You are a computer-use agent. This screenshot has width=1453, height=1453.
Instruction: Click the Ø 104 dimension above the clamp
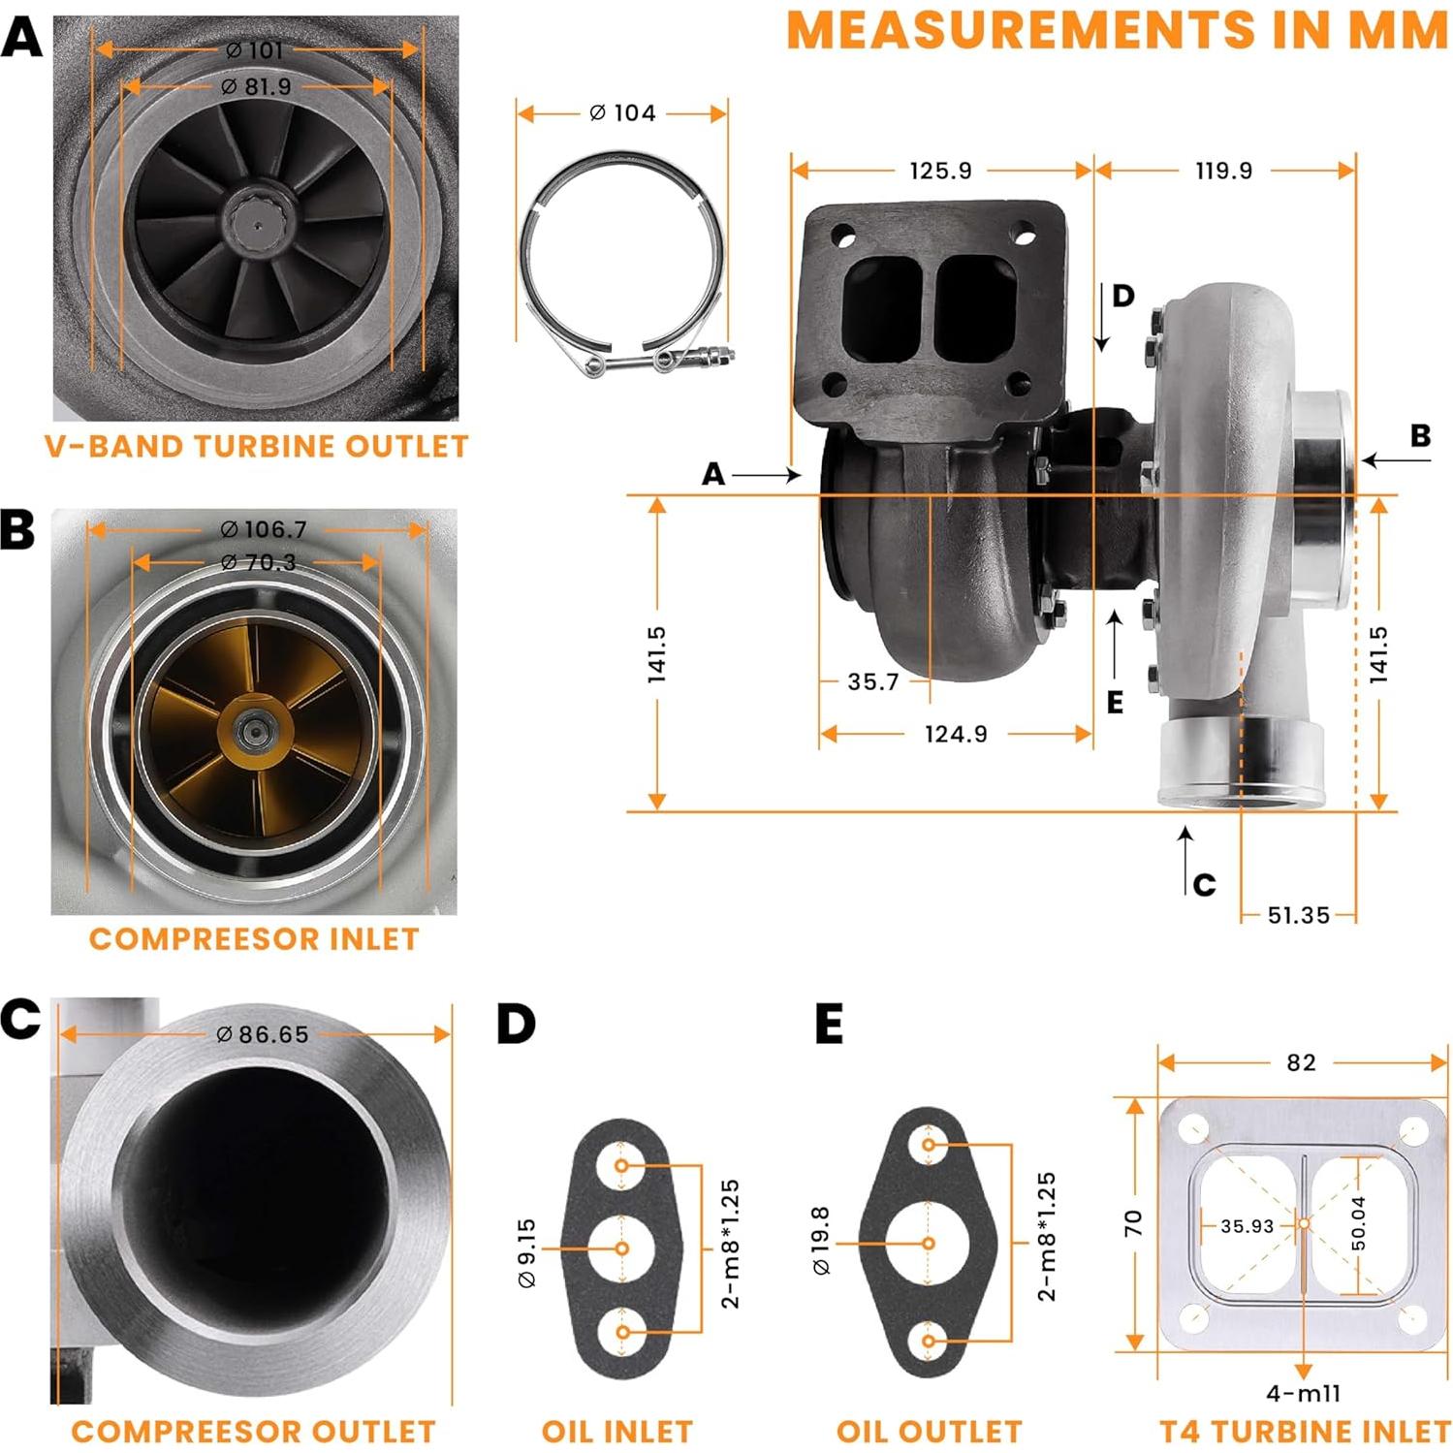click(622, 113)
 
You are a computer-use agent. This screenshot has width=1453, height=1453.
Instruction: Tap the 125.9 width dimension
click(939, 171)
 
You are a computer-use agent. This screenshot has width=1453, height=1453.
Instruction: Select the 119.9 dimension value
click(1223, 171)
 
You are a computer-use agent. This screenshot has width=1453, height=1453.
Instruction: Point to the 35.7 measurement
click(872, 682)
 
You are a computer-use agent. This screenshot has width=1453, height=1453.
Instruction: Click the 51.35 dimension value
click(1298, 915)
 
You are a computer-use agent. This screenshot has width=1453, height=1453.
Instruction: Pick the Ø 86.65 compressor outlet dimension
click(262, 1034)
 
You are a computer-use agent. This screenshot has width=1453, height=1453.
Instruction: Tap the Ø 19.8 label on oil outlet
click(820, 1241)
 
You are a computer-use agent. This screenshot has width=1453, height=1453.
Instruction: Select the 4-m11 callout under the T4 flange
click(1304, 1393)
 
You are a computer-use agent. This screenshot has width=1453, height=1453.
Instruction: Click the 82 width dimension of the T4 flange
click(1301, 1062)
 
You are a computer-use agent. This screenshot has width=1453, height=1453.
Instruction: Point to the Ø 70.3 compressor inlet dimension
click(257, 562)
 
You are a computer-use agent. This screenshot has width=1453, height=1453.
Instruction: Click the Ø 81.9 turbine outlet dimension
click(256, 86)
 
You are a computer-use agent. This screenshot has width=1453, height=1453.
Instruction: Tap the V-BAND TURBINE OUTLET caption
click(256, 446)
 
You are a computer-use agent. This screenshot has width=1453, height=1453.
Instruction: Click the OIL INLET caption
click(616, 1432)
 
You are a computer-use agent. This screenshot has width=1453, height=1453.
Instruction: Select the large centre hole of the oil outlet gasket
click(928, 1243)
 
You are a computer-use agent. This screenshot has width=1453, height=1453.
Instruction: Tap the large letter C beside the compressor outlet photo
click(20, 1019)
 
